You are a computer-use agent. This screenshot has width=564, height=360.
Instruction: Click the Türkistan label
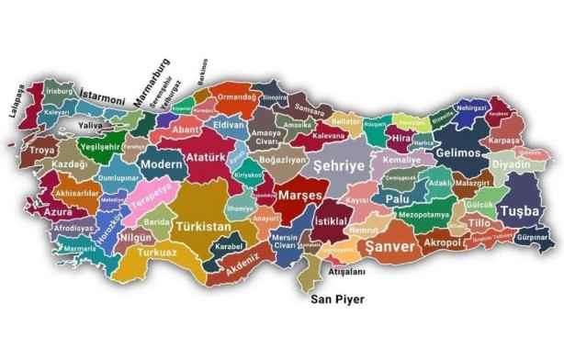[x=203, y=226]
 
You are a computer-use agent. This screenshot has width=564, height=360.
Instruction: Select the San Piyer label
[x=337, y=299]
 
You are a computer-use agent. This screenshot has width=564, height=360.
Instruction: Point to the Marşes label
[x=299, y=195]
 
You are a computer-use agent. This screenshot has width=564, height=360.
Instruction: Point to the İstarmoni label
[x=103, y=94]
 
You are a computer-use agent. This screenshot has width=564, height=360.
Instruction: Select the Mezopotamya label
[x=423, y=215]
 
